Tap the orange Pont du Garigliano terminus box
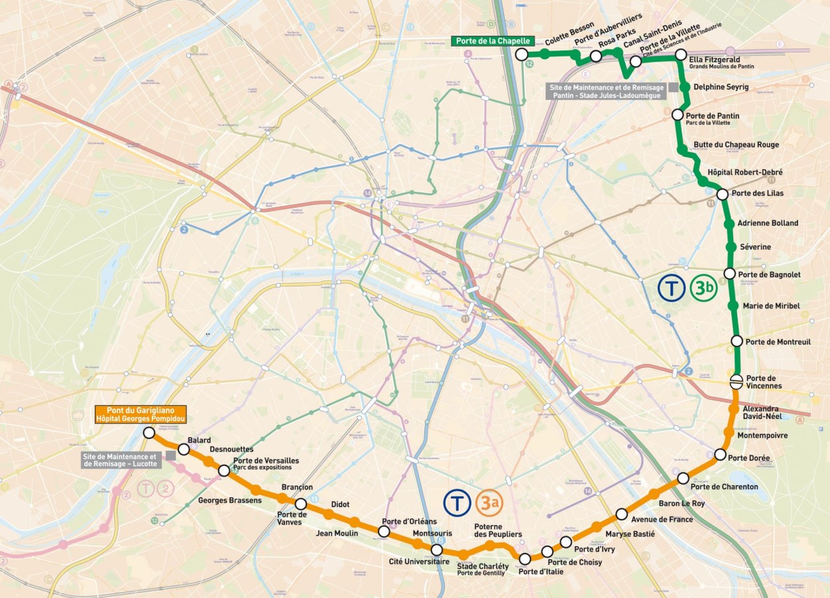[141, 414]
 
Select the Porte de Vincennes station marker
[737, 381]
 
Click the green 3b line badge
[703, 288]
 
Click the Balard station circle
[184, 449]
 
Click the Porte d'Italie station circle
[525, 559]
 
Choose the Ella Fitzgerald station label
[714, 59]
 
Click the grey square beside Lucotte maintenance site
[170, 455]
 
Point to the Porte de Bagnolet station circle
[729, 273]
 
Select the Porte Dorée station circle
[721, 454]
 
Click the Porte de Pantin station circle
[678, 115]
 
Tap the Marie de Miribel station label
[771, 306]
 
